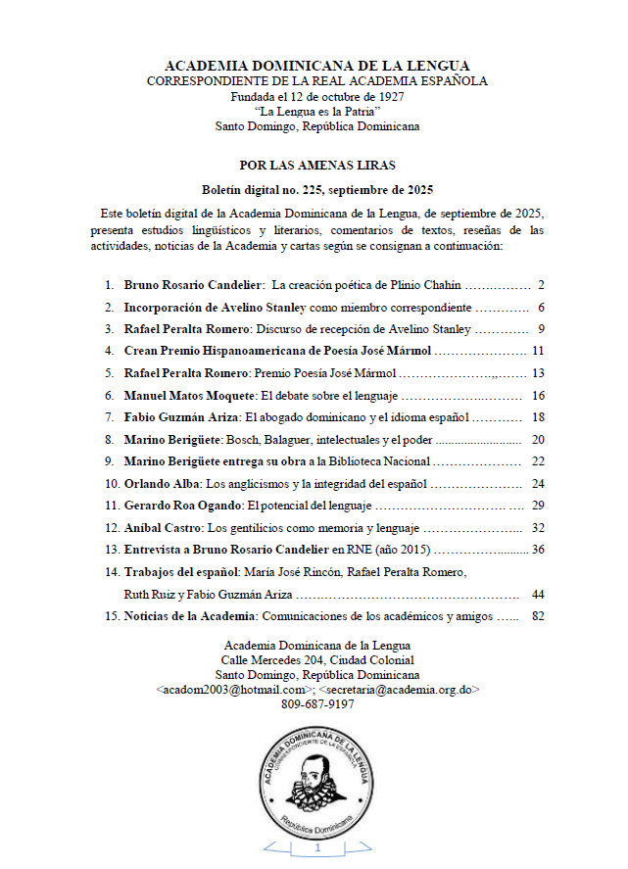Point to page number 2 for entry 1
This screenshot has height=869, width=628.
(540, 286)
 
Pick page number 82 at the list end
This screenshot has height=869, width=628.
(537, 616)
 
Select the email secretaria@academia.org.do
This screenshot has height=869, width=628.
(399, 690)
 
